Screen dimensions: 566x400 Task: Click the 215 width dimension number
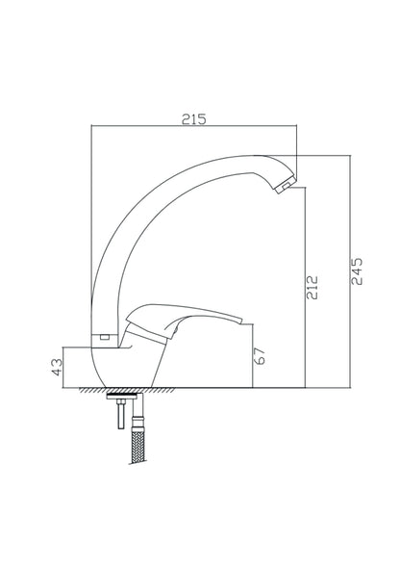coord(195,119)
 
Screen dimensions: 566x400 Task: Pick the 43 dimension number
coord(57,366)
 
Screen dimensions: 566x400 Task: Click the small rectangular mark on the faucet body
coord(105,336)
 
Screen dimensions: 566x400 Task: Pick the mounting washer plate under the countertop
coord(126,395)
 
